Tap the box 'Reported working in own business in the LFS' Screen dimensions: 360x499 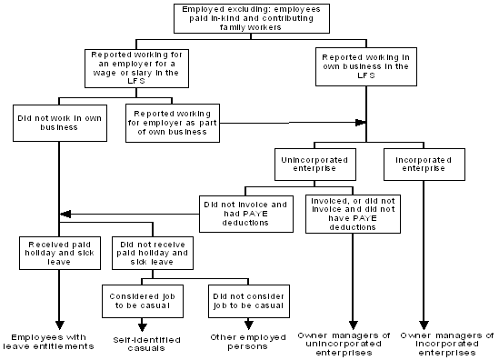point(367,66)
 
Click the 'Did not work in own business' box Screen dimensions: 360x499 point(58,122)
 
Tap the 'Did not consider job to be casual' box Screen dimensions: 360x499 point(245,299)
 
